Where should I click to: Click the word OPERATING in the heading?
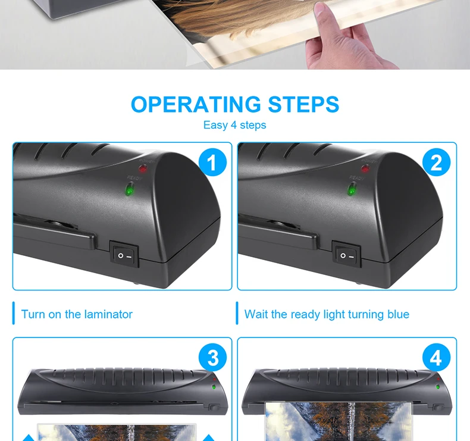196,104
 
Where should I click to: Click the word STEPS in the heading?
303,104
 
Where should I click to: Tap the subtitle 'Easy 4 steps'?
234,125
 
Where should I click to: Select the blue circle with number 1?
212,162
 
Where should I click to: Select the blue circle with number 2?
437,162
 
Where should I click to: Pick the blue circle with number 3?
212,357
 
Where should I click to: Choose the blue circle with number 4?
437,357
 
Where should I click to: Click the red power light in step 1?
143,169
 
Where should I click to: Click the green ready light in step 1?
130,190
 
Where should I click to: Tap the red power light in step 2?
365,168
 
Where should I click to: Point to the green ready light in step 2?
351,190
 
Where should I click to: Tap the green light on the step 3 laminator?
214,387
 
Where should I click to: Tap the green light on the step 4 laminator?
438,387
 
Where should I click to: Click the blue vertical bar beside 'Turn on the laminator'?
14,313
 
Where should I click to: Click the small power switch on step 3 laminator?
214,408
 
